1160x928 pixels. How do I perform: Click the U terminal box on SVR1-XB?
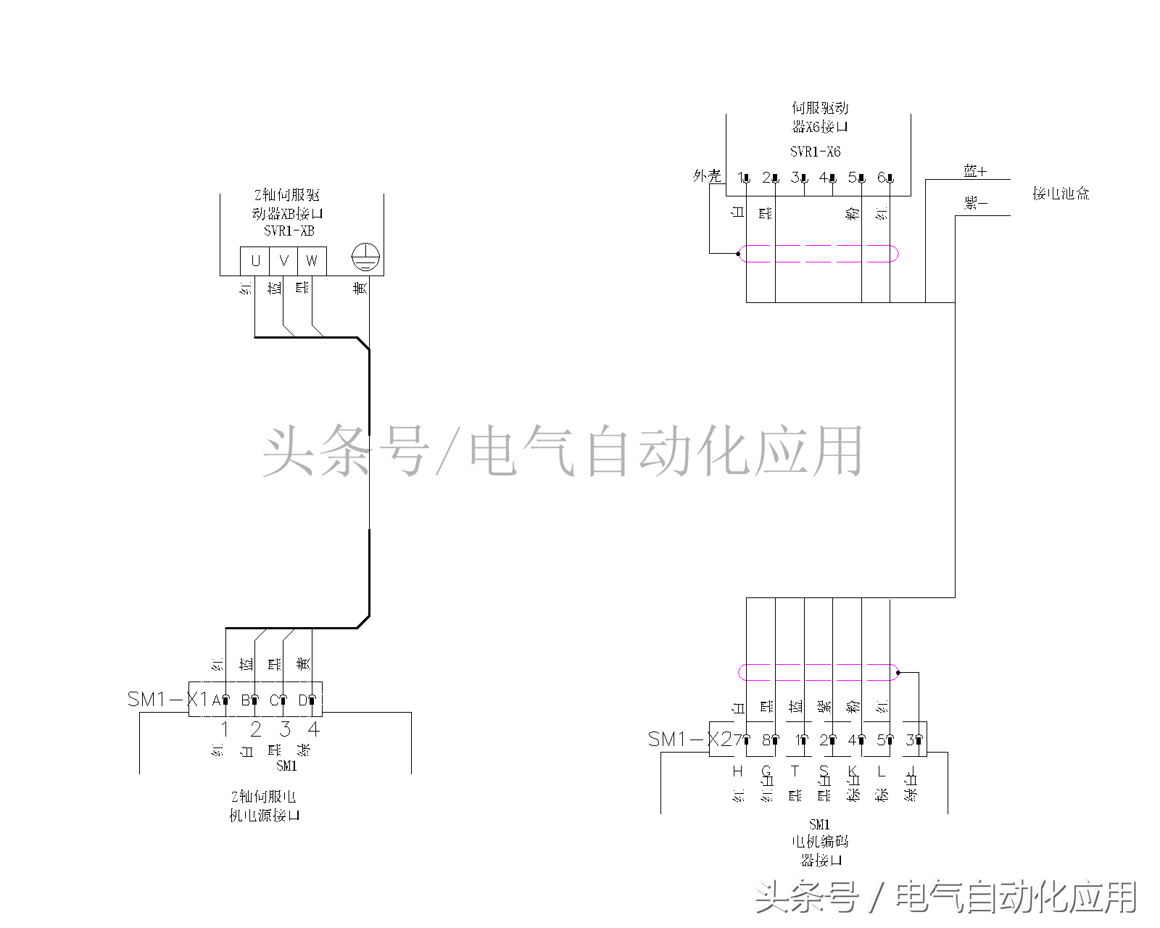[254, 261]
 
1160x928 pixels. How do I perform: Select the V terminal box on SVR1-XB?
[283, 261]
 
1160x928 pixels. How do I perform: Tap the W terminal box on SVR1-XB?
[312, 261]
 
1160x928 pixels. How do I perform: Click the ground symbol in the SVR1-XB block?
[365, 257]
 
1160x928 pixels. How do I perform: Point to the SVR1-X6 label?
[815, 152]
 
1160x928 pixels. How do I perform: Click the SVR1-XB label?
[289, 231]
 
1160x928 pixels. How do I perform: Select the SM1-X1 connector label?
[167, 700]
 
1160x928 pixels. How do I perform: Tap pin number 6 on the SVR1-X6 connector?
[882, 177]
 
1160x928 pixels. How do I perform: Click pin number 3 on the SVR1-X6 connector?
[795, 177]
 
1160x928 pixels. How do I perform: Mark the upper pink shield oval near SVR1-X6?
[819, 254]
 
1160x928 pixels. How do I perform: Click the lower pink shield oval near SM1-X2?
[819, 672]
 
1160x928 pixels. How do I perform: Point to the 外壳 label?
[707, 175]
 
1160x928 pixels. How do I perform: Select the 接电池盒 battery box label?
[1061, 194]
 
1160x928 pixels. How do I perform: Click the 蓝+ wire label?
[975, 171]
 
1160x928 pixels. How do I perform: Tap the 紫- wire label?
[975, 203]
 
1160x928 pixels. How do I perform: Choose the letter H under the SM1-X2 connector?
[738, 771]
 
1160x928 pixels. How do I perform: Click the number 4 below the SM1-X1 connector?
[314, 729]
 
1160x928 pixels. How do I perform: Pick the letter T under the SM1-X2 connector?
[795, 771]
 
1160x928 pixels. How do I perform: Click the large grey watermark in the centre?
[563, 451]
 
